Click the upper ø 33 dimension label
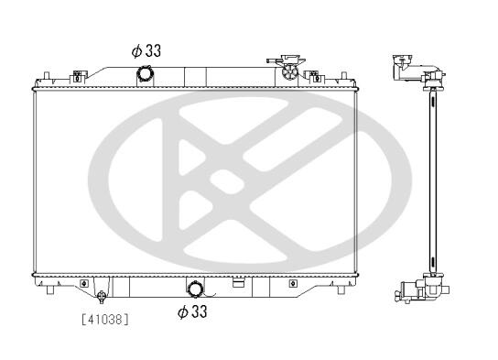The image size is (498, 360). click(x=146, y=50)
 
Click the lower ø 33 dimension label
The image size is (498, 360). click(x=192, y=311)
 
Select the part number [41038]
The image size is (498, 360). click(x=105, y=320)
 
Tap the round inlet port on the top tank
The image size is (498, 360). click(x=145, y=74)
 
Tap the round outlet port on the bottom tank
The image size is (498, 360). click(x=195, y=289)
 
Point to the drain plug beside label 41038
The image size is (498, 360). click(x=102, y=296)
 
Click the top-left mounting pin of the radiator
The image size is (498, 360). click(x=47, y=76)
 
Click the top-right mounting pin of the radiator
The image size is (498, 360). click(x=343, y=76)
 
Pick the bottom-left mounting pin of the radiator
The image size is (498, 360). click(x=49, y=290)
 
